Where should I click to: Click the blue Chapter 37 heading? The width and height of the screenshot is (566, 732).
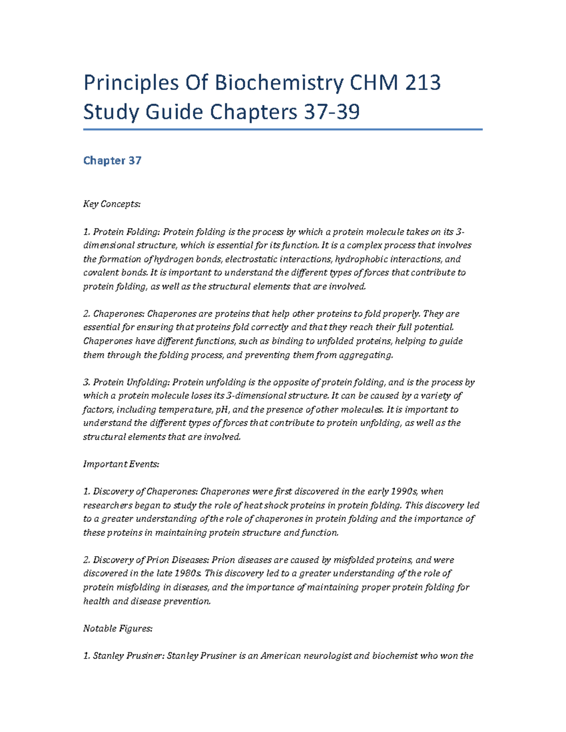click(x=112, y=161)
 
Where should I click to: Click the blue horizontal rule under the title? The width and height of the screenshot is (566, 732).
click(x=283, y=129)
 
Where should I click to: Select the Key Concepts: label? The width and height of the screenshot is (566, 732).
click(x=112, y=204)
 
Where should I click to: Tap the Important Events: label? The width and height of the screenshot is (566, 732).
click(x=121, y=464)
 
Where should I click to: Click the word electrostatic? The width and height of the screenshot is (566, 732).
click(x=251, y=259)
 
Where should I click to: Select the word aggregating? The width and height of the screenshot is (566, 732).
click(x=368, y=355)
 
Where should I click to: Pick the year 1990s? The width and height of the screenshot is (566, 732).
click(x=404, y=492)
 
